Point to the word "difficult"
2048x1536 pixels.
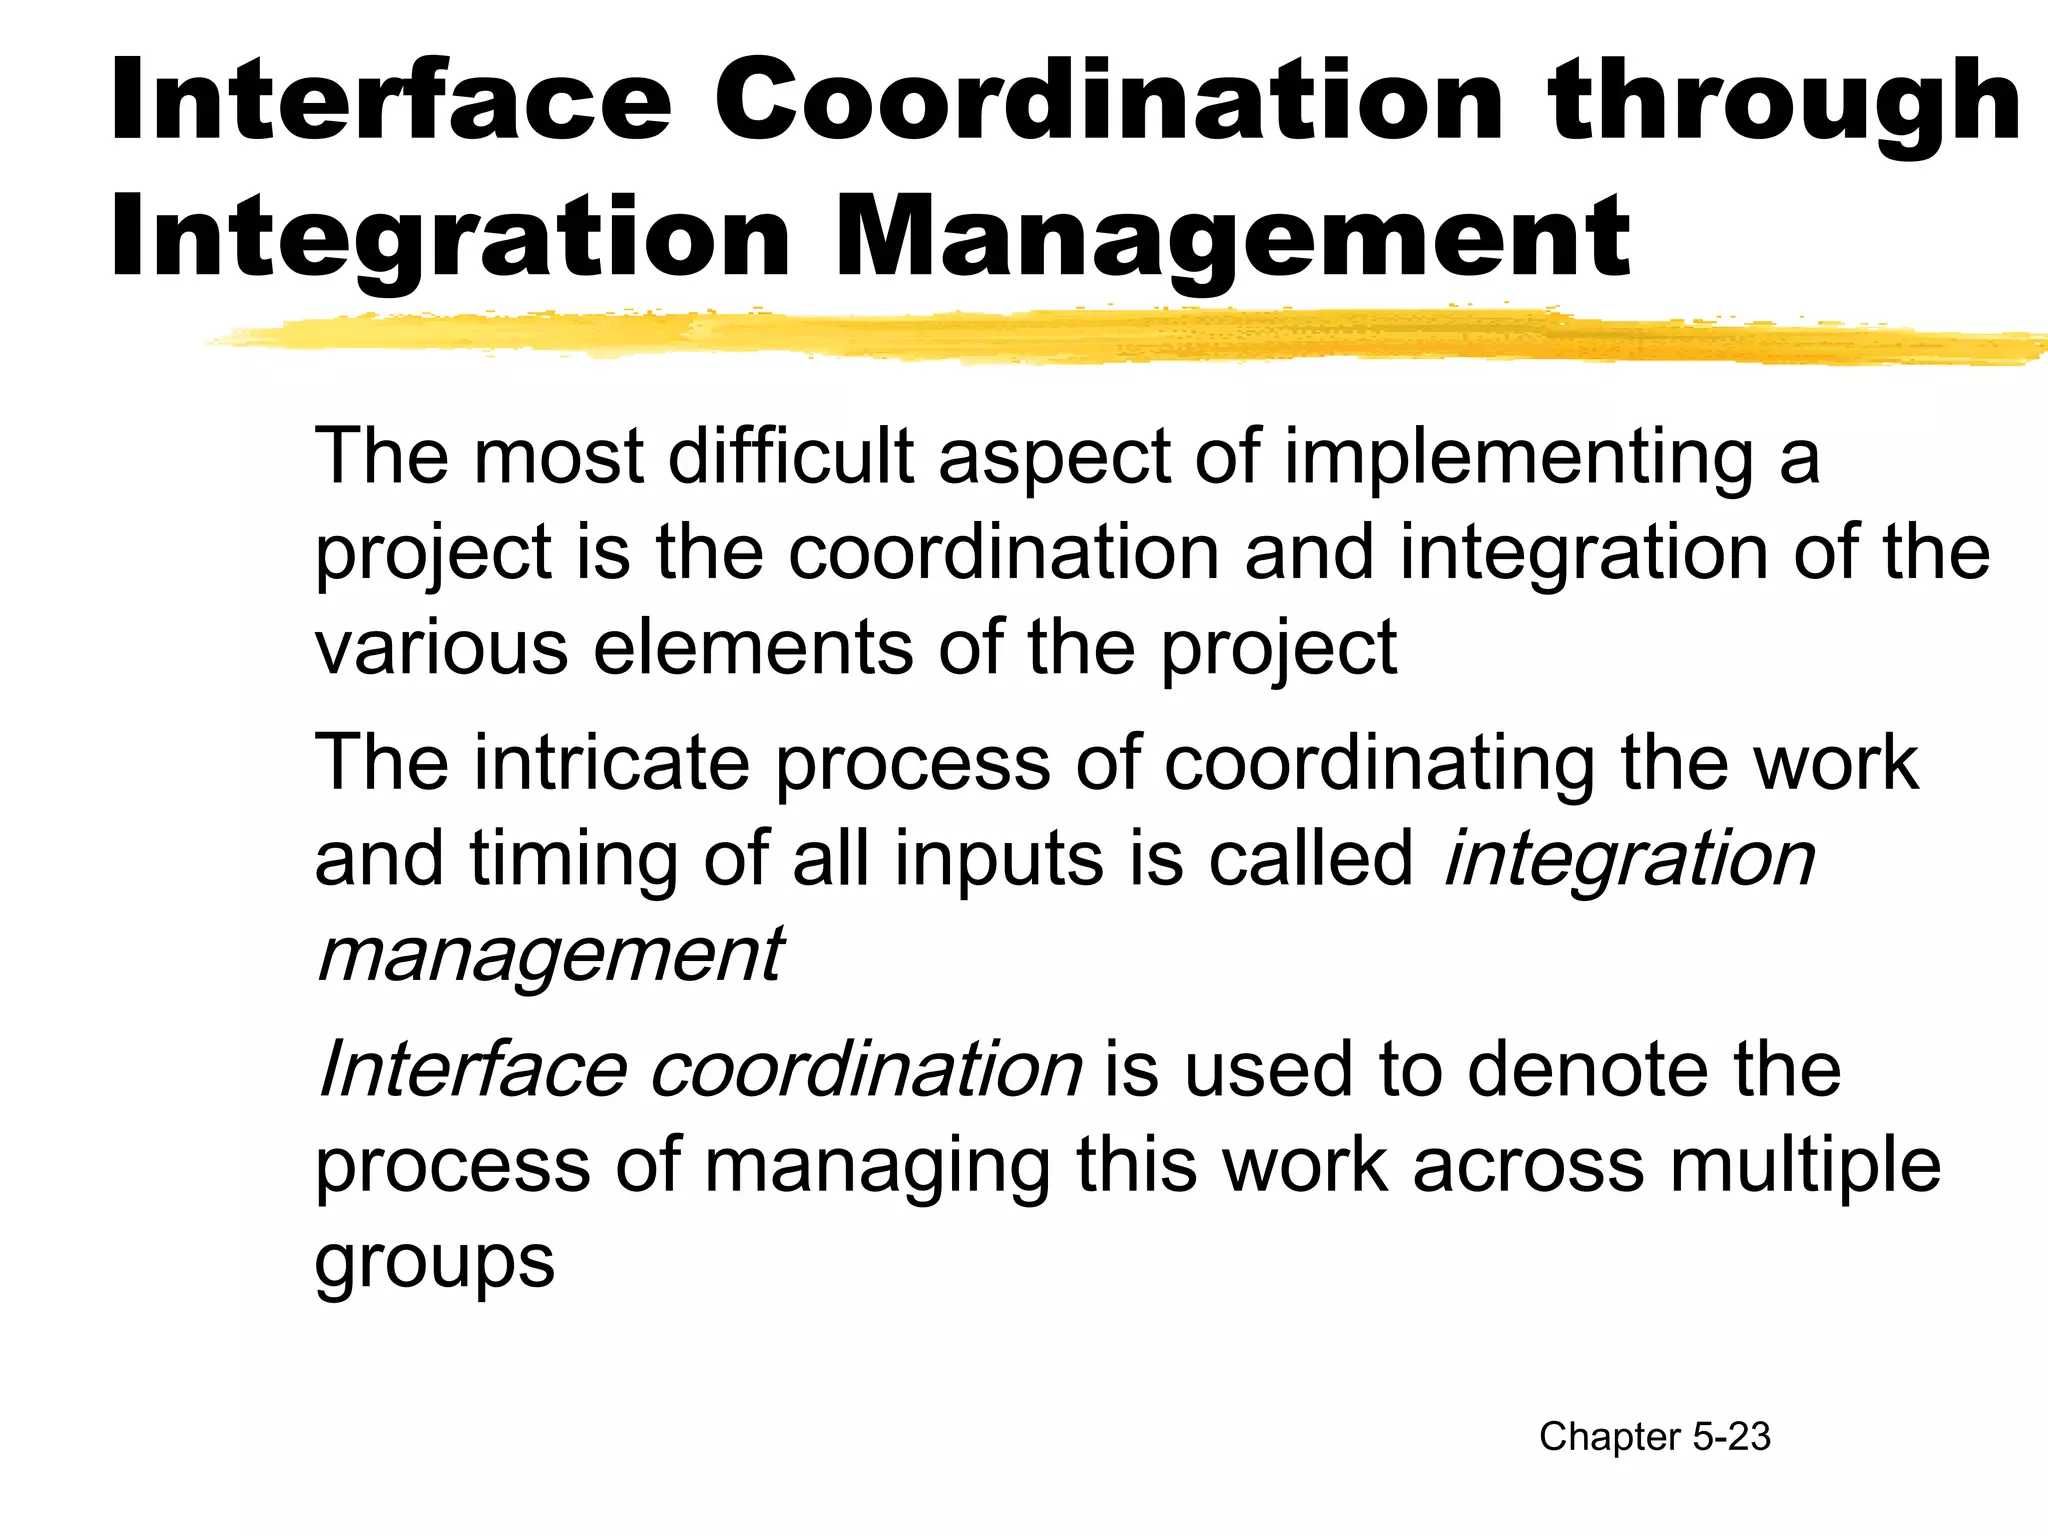(791, 456)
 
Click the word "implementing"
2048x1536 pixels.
(1519, 458)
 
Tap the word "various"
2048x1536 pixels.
(441, 648)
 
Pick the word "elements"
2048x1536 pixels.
(752, 648)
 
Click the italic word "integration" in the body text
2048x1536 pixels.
(1629, 860)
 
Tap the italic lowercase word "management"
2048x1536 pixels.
(549, 956)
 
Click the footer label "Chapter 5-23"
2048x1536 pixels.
(1654, 1437)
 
